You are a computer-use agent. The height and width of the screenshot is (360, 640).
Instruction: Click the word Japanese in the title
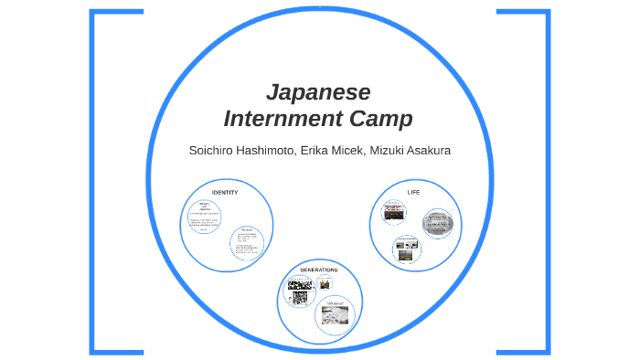point(318,92)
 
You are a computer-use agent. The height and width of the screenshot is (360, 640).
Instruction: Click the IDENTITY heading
point(225,193)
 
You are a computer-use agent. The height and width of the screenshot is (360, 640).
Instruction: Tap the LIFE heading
point(413,193)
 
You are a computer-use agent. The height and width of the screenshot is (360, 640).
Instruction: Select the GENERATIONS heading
point(318,270)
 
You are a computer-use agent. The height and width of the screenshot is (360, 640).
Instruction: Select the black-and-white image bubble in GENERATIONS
point(299,291)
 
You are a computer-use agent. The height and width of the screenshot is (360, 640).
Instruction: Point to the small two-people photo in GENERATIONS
point(325,282)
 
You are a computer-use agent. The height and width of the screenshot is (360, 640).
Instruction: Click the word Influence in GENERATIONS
point(334,302)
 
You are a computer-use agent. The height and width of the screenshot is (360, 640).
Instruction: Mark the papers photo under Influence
point(334,316)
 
